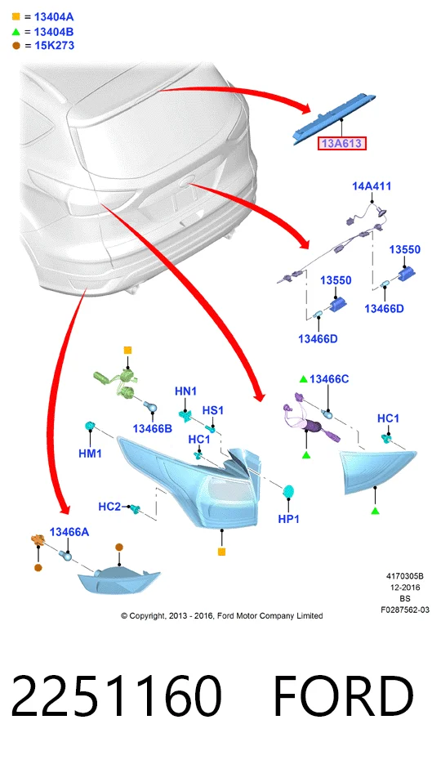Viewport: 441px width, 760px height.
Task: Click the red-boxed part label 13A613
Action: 341,144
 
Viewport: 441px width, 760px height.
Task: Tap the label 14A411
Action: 372,186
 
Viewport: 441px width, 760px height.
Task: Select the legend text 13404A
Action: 54,17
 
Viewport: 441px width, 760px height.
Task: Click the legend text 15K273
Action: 54,46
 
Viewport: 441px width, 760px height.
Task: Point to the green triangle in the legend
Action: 16,32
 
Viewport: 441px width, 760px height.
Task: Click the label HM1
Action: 90,454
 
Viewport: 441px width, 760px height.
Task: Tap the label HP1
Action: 289,519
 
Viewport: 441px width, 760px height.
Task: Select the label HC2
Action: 109,507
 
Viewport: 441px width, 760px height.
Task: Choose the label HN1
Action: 185,391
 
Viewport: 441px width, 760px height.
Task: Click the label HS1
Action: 213,410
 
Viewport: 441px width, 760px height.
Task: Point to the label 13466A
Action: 69,532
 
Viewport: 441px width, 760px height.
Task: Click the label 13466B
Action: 152,428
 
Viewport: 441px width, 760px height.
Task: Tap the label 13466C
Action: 329,379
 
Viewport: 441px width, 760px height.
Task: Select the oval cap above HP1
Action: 289,491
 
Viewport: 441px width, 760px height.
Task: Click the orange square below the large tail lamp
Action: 222,552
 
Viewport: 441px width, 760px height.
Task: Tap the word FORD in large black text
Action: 344,696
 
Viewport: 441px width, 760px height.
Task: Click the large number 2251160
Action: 116,696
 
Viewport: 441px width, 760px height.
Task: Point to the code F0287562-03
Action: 404,610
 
